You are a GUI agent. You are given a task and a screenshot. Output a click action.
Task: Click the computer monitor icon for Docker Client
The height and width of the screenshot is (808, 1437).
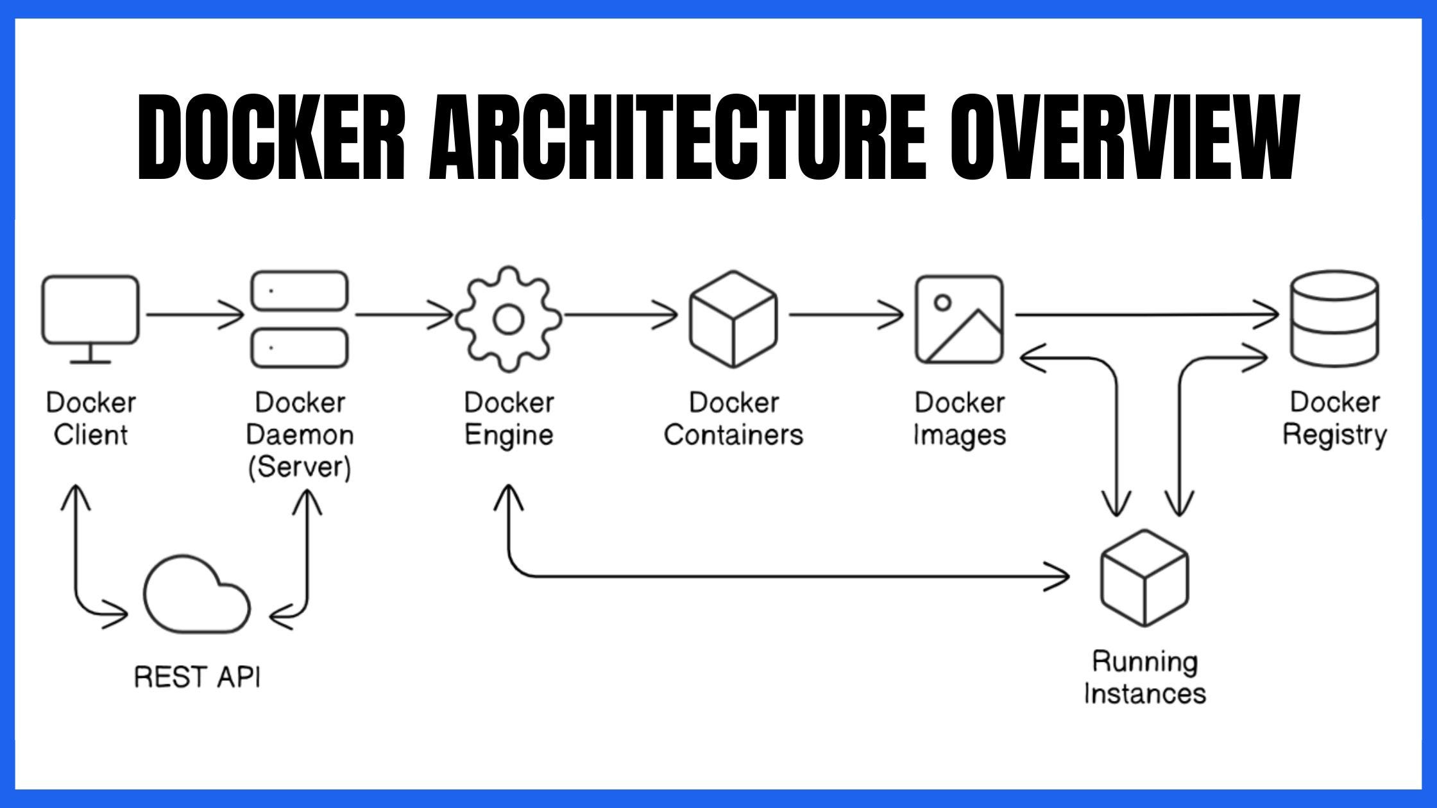pos(90,311)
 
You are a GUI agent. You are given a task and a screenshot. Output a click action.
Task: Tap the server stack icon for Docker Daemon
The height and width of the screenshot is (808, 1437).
pos(300,319)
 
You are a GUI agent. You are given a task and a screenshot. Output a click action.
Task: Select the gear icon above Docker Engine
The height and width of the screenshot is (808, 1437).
pos(509,319)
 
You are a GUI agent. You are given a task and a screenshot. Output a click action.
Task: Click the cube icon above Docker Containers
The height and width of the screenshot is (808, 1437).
pos(733,319)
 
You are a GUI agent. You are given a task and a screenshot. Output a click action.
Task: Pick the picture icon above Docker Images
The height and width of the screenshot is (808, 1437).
pos(959,319)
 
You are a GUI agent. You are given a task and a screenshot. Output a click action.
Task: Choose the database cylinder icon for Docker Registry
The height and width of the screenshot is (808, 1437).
pos(1334,319)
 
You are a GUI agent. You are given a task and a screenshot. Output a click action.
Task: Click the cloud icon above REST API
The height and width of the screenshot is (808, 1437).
pos(196,596)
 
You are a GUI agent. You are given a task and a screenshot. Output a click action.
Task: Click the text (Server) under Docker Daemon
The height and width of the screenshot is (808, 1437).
pos(300,467)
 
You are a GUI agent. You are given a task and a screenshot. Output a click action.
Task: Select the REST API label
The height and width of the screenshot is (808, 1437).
pos(197,677)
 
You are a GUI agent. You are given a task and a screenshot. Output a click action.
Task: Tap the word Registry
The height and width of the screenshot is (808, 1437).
pos(1334,435)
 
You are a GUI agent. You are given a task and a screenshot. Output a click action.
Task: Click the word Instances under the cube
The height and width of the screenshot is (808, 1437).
pos(1145,694)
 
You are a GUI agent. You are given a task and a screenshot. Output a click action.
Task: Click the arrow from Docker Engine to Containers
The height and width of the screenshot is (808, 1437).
pos(620,315)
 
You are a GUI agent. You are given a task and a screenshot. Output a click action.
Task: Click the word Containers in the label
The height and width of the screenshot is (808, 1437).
pos(733,435)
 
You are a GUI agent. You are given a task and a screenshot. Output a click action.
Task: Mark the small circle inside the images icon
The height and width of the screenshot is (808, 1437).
pos(942,302)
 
